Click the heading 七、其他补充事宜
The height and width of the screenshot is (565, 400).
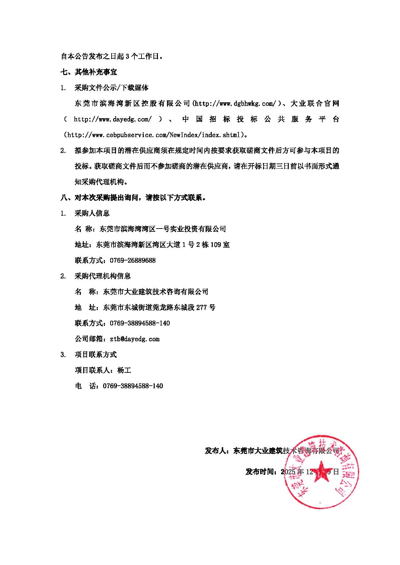click(89, 72)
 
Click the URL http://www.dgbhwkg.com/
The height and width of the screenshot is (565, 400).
click(235, 103)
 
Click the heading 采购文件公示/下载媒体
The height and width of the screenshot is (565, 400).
click(112, 88)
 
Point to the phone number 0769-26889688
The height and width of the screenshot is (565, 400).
click(132, 260)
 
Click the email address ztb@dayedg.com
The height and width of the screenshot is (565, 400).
click(134, 339)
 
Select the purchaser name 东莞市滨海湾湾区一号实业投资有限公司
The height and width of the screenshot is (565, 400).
click(163, 229)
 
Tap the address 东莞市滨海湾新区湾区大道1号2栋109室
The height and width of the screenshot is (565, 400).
click(163, 245)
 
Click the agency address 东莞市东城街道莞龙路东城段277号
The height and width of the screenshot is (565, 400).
click(159, 307)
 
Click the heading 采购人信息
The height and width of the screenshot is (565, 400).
click(92, 213)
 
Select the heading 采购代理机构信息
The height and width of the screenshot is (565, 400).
click(102, 276)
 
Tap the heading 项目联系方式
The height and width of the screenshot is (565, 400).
click(96, 354)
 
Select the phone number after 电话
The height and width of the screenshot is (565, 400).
click(133, 386)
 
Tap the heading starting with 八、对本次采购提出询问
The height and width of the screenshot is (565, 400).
click(133, 197)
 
